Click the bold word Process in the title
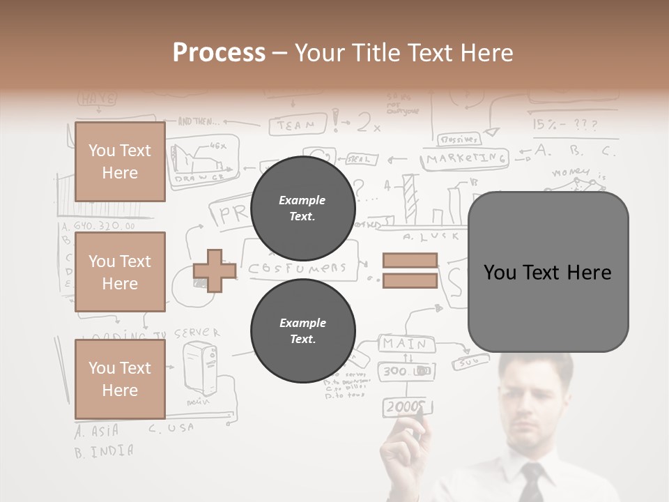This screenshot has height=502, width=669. click(x=219, y=52)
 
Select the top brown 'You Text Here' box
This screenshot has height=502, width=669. click(x=120, y=162)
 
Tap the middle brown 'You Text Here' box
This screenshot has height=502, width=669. click(x=120, y=272)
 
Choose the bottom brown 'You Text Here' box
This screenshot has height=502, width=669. click(x=120, y=379)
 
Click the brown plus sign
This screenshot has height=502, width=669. click(x=214, y=271)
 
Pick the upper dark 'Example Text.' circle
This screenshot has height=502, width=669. click(x=302, y=208)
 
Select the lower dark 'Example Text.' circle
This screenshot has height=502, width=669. click(x=302, y=331)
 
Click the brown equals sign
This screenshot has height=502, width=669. click(x=410, y=271)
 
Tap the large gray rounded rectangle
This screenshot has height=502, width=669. click(x=548, y=272)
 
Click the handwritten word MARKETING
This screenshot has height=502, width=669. click(x=466, y=159)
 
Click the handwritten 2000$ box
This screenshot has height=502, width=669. click(x=407, y=406)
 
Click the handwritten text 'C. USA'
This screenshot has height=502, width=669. click(x=171, y=428)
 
